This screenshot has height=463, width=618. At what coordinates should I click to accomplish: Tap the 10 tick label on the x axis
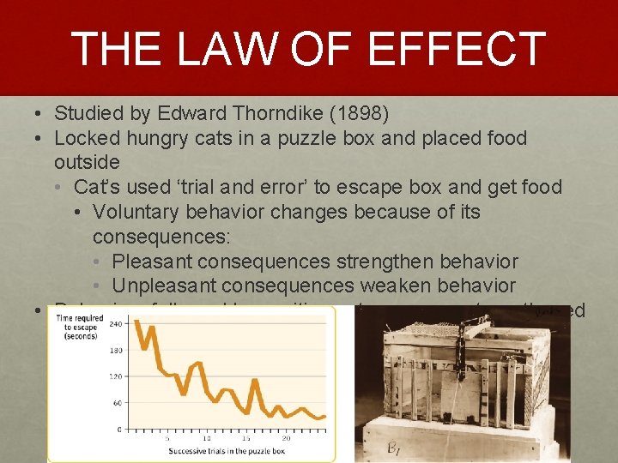click(x=207, y=438)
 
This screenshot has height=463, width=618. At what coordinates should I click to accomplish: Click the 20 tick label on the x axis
click(x=286, y=438)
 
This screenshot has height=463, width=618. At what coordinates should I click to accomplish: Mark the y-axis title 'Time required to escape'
click(x=79, y=327)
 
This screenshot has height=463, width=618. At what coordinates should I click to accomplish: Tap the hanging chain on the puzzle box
click(x=459, y=352)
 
